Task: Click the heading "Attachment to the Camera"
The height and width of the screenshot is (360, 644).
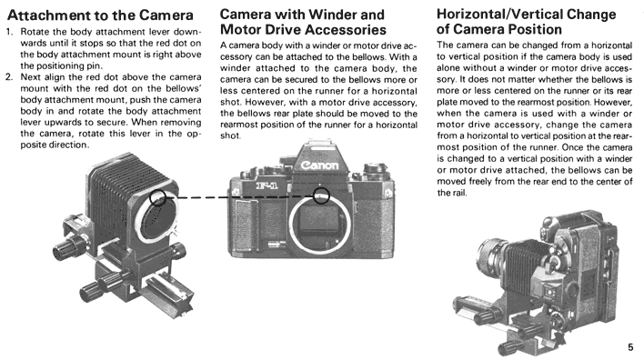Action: click(100, 15)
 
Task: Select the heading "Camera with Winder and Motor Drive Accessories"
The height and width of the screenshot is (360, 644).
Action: click(303, 22)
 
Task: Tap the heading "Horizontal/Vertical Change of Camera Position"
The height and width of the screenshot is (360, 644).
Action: click(526, 22)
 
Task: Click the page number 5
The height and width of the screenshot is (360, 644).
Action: click(630, 347)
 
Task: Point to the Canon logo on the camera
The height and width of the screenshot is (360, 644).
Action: click(320, 165)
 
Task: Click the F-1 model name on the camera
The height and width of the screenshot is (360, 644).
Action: click(267, 185)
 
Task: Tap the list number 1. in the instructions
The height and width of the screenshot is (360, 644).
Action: click(10, 32)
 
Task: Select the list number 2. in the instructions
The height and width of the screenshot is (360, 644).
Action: click(10, 76)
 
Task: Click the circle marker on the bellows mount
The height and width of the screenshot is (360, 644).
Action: click(157, 197)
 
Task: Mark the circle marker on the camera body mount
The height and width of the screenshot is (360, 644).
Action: click(321, 195)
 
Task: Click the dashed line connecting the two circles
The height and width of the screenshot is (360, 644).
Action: click(239, 197)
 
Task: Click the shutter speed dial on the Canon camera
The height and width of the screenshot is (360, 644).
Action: click(376, 167)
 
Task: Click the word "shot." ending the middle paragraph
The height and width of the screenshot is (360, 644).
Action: click(230, 135)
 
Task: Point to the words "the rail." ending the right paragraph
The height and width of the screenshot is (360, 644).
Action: click(452, 193)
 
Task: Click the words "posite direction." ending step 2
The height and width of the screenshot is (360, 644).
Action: click(55, 145)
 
